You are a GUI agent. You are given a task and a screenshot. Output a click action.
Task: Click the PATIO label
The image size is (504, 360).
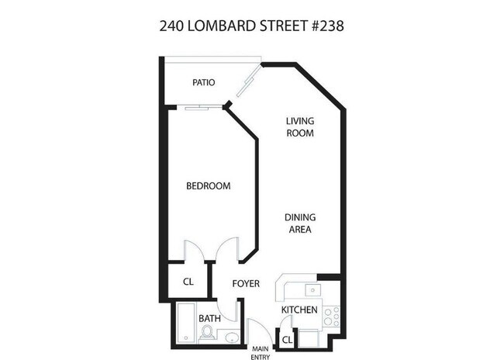[203, 82]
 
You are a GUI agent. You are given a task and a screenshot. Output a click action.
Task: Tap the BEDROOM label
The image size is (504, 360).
[209, 185]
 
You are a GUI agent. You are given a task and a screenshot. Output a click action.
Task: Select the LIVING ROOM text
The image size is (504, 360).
[299, 126]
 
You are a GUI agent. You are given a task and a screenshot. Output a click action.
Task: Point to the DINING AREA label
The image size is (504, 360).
[299, 223]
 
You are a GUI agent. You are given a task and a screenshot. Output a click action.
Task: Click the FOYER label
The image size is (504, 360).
[246, 284]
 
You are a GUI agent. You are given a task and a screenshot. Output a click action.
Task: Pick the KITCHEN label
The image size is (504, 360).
[299, 310]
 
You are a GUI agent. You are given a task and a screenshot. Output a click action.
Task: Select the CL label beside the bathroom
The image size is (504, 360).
[188, 283]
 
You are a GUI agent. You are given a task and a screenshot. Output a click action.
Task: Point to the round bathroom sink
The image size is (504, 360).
[233, 337]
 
